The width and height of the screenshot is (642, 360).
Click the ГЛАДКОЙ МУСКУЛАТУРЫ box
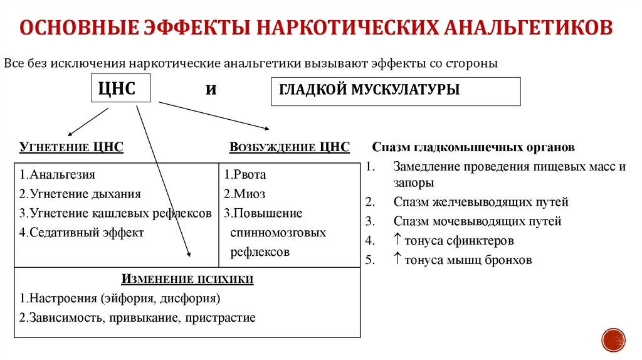395,91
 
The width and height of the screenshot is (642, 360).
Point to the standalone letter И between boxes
211,90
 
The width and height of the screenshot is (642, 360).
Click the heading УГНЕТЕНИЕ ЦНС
71,147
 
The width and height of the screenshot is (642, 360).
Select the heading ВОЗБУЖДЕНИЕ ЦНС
289,147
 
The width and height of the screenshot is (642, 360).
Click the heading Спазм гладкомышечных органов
473,149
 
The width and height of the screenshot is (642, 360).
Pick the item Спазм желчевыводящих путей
481,202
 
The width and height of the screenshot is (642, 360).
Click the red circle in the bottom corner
614,339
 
